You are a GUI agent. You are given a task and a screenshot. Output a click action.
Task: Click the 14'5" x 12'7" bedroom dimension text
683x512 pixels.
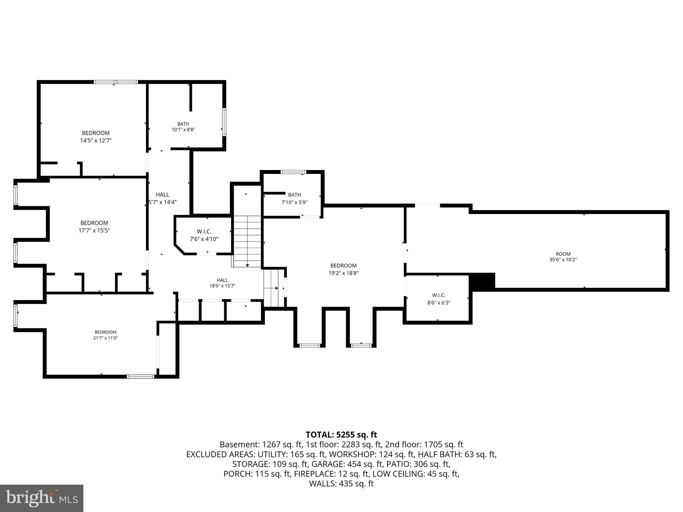pos(96,141)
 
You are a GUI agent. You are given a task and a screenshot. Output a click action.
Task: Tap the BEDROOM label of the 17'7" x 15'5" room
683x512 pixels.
pos(94,223)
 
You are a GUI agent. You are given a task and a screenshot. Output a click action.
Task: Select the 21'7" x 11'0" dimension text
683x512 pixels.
pos(106,338)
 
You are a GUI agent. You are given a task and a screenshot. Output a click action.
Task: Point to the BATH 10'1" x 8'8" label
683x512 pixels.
pos(183,127)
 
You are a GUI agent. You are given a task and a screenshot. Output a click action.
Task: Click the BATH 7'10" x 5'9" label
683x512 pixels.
pos(294,198)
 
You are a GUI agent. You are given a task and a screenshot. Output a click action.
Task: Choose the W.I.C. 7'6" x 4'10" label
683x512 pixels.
pos(204,235)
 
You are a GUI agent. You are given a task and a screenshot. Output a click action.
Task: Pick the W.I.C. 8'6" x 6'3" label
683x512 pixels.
pos(439,299)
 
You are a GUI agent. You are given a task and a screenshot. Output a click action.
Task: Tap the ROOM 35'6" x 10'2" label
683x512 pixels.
pos(563,256)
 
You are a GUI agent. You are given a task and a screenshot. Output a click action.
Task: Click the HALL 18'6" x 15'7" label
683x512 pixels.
pos(222,283)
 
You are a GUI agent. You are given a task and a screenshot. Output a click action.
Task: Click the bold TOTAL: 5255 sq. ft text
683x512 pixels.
pos(341,435)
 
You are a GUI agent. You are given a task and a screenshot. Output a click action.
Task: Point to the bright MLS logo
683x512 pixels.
pos(42,498)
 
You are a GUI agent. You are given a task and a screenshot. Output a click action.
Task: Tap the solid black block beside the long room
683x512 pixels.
pos(482,281)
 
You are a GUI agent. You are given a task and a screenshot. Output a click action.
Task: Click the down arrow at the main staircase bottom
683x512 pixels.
pos(247,265)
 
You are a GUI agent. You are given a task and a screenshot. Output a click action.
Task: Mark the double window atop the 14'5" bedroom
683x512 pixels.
pos(116,82)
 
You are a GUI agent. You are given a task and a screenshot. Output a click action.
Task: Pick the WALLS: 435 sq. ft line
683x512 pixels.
pos(341,484)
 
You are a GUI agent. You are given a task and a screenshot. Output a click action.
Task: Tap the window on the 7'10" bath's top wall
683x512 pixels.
pos(293,172)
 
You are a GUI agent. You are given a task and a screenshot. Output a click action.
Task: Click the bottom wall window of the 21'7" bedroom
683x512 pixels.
pos(141,377)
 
